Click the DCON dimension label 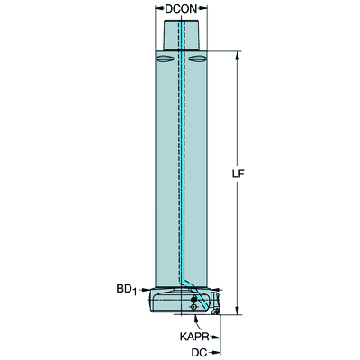coord(181,9)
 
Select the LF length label coord(238,175)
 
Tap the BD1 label coord(127,290)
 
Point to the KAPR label coord(194,337)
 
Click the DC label coord(199,353)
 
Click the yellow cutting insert coord(216,311)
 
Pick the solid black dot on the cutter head coord(193,300)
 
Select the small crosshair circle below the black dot coord(193,307)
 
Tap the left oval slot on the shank coord(165,58)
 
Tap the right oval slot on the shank coord(196,58)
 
